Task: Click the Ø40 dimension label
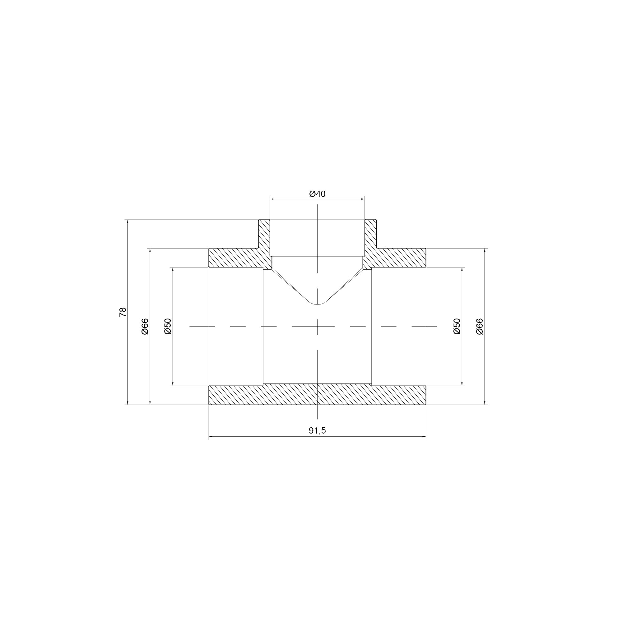coord(317,194)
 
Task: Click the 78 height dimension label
coord(123,312)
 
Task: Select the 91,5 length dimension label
coord(317,430)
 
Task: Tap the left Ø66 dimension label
coord(145,327)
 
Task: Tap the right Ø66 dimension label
coord(479,327)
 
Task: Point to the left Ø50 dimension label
coord(168,327)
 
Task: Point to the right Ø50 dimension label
coord(457,327)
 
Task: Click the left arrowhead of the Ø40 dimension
coord(272,200)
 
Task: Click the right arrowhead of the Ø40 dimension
coord(363,200)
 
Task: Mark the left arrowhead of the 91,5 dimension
coord(211,437)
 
